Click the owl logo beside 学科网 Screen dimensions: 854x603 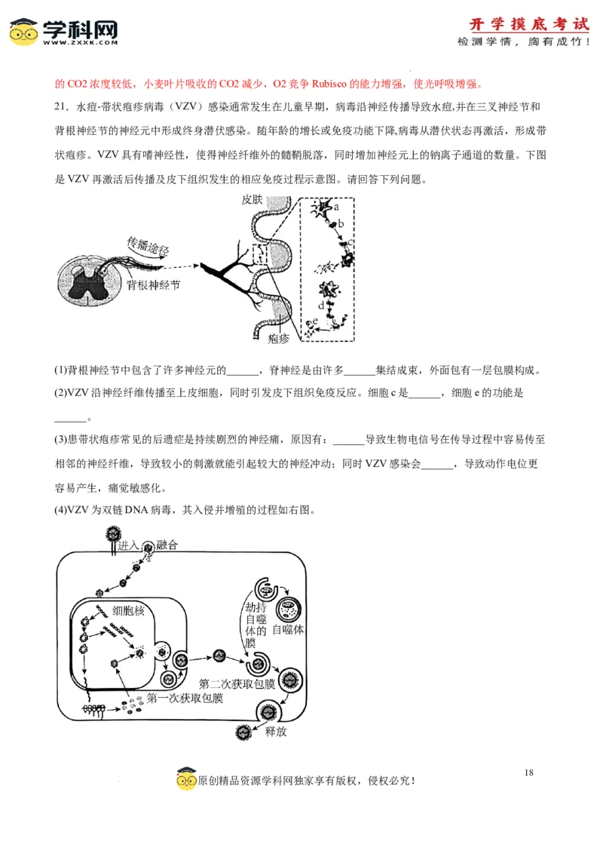click(23, 32)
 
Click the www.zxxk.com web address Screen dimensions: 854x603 click(80, 43)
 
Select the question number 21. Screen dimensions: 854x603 click(61, 106)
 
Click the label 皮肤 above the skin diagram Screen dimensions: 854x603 click(253, 199)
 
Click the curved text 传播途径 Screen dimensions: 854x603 click(148, 246)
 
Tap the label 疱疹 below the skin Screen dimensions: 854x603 click(278, 339)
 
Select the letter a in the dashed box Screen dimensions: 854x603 click(336, 206)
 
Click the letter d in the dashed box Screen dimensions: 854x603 click(321, 306)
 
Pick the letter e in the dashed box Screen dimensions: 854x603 click(315, 321)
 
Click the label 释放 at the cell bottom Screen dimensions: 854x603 click(276, 732)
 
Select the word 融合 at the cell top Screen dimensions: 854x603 click(167, 545)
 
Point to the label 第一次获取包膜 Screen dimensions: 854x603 click(185, 699)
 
